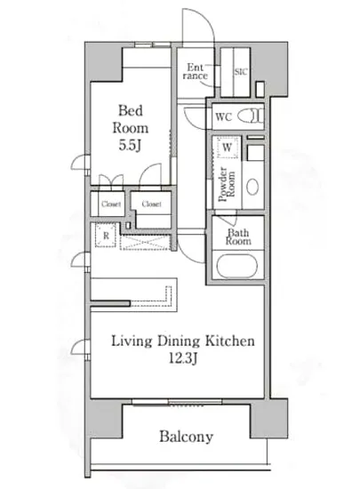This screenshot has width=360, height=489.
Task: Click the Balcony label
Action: pos(186,437)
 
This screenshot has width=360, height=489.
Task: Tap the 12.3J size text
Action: pos(183,358)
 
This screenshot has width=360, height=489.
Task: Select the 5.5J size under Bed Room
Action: pos(130,145)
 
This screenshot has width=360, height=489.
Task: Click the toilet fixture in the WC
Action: pos(251,116)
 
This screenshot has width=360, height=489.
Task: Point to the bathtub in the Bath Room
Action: pos(237,266)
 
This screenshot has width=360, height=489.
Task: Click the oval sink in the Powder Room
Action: pos(252,187)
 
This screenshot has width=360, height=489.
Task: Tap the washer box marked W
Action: pos(227,147)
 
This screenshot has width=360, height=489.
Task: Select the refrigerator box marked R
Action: pos(106,236)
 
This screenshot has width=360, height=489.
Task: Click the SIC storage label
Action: pos(241,72)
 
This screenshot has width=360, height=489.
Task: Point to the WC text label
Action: pos(223,117)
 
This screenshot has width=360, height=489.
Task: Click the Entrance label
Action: pos(196,72)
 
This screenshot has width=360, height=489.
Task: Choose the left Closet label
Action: pos(111,204)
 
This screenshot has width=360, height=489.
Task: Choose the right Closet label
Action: pos(151,204)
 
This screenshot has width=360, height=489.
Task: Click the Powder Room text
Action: pos(227,184)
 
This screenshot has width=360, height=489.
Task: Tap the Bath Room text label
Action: pos(238,236)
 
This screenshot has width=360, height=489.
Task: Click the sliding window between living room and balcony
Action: pos(177,402)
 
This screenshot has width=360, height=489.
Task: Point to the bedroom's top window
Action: pos(153,45)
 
